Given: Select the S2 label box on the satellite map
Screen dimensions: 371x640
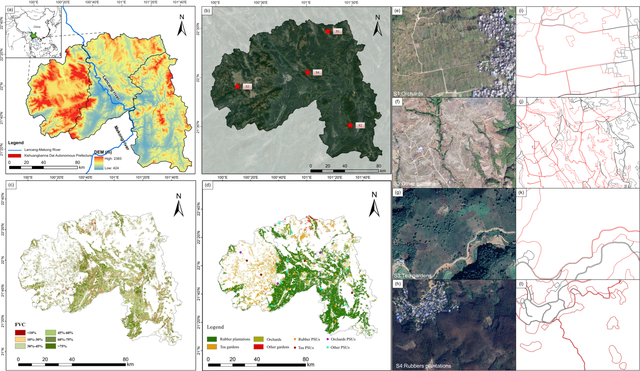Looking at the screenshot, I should [x=360, y=125].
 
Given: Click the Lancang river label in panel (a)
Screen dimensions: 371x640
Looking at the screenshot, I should [x=111, y=88].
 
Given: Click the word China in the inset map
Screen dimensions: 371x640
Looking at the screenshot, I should [x=37, y=27].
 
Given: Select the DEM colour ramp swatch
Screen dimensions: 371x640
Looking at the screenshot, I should [x=99, y=163].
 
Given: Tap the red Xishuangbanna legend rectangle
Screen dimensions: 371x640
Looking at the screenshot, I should [x=14, y=156].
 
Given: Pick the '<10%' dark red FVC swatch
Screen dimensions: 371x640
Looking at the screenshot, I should [x=20, y=333].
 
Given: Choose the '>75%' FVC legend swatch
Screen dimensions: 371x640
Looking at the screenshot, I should [x=50, y=346].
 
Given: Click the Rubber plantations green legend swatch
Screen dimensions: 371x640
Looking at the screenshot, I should [x=212, y=339].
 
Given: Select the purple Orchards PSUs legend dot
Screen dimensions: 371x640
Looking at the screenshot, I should [x=327, y=339].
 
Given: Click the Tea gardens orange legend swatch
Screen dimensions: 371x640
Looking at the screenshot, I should [x=212, y=347].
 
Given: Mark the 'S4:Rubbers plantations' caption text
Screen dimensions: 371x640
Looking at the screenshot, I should [x=423, y=366].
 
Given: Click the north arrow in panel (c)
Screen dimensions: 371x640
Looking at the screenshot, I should [x=179, y=208].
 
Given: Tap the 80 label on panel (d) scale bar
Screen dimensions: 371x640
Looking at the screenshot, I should [x=305, y=359].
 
